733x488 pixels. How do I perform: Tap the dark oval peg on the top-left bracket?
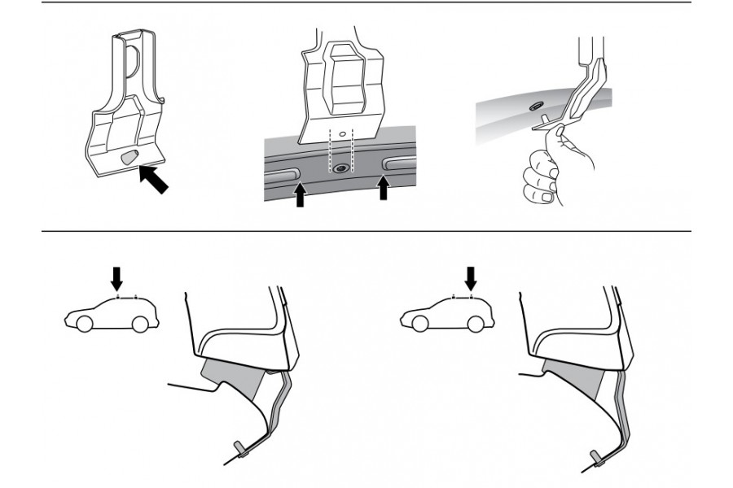pyautogui.click(x=128, y=159)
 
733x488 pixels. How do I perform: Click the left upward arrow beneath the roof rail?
pyautogui.click(x=300, y=194)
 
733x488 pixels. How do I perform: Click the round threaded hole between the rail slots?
pyautogui.click(x=340, y=168)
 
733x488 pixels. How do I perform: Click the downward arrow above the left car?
pyautogui.click(x=116, y=278)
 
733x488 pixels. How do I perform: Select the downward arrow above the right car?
pyautogui.click(x=469, y=278)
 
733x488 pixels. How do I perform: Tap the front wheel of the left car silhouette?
pyautogui.click(x=83, y=324)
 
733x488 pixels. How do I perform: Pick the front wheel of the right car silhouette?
pyautogui.click(x=420, y=324)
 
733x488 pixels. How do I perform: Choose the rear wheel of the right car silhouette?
pyautogui.click(x=476, y=324)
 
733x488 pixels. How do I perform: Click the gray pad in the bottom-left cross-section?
pyautogui.click(x=232, y=377)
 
